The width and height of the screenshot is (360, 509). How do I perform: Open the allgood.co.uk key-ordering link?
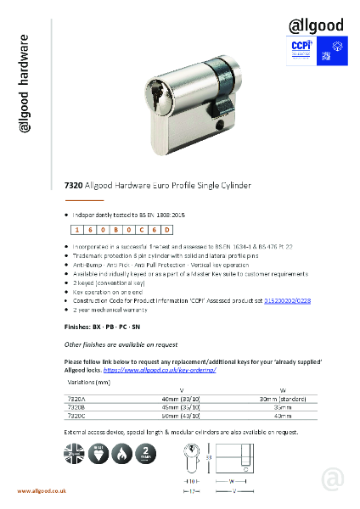172,370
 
